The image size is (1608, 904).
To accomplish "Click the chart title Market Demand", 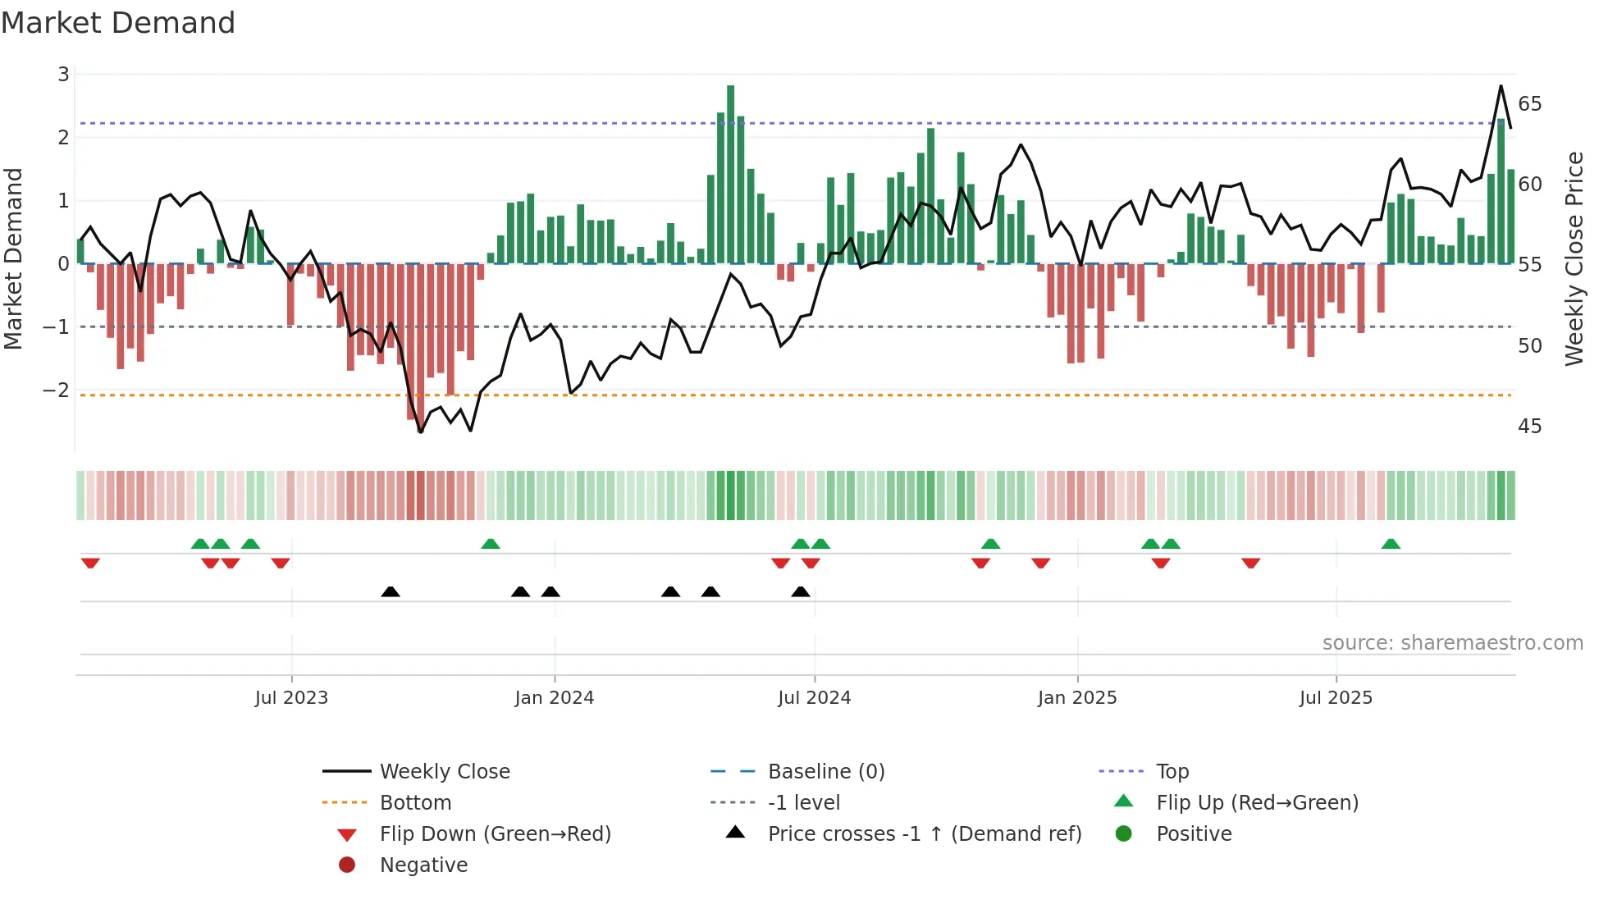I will (x=118, y=22).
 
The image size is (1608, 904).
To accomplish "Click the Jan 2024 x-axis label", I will (x=554, y=697).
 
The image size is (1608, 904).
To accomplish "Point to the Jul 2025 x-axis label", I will (x=1335, y=697).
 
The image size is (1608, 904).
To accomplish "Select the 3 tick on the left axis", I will (x=63, y=75).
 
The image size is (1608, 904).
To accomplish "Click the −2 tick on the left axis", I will (x=56, y=390).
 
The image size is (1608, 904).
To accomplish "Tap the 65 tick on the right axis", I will (x=1529, y=104).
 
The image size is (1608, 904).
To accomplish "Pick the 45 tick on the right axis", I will (x=1529, y=426).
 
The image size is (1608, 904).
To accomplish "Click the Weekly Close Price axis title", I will (x=1574, y=258).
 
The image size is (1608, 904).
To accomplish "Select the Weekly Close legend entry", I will (x=444, y=771).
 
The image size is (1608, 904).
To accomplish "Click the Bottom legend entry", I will (x=415, y=802).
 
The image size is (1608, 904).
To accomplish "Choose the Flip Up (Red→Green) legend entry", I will (x=1257, y=802).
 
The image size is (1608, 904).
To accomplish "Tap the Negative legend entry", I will (x=423, y=865).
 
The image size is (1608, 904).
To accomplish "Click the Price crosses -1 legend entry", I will (x=924, y=833).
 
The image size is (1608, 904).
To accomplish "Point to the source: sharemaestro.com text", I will (x=1452, y=642).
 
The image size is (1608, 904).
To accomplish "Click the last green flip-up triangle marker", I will (x=1390, y=544).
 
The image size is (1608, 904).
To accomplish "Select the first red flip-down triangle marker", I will (x=90, y=563).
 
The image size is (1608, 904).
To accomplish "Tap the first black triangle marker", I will (x=391, y=591).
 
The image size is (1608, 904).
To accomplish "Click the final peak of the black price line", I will (x=1501, y=86).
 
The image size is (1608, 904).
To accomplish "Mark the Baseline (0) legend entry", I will (x=825, y=771).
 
